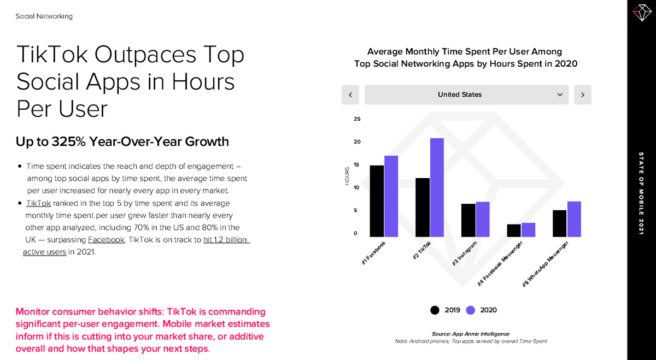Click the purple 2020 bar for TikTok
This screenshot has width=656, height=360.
pyautogui.click(x=437, y=187)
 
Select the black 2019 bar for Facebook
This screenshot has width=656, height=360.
pyautogui.click(x=377, y=201)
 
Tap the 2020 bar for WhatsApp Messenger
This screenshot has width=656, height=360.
pyautogui.click(x=574, y=219)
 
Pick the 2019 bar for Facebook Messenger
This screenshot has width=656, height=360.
pyautogui.click(x=514, y=231)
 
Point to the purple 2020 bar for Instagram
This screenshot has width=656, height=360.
pyautogui.click(x=483, y=219)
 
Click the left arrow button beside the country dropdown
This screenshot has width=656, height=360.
pyautogui.click(x=350, y=95)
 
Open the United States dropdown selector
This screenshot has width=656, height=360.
pyautogui.click(x=466, y=95)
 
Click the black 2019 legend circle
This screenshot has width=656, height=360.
pyautogui.click(x=435, y=310)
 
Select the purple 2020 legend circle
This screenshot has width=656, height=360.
pyautogui.click(x=471, y=310)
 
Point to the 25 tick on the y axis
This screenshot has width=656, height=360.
pyautogui.click(x=357, y=119)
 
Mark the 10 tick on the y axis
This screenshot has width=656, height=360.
pyautogui.click(x=357, y=188)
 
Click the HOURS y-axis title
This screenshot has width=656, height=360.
pyautogui.click(x=347, y=176)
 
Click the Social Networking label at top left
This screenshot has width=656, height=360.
pyautogui.click(x=44, y=16)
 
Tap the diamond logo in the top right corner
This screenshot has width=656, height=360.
pyautogui.click(x=641, y=13)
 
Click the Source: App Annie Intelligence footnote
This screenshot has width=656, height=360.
pyautogui.click(x=470, y=334)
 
